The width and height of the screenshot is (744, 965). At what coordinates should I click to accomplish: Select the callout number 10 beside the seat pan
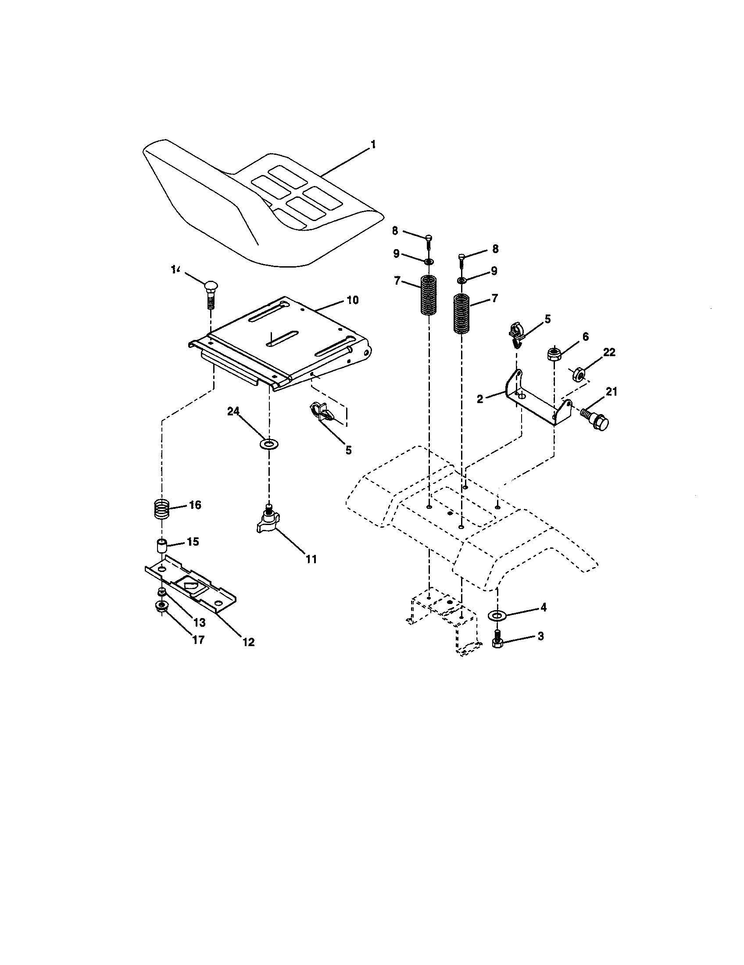pos(352,300)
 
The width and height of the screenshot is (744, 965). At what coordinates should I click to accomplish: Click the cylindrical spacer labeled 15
pos(162,546)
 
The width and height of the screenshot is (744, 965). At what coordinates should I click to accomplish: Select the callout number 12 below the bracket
pos(249,642)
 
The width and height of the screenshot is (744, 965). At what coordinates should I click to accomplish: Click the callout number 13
pos(199,622)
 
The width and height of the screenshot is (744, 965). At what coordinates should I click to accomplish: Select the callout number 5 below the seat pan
pos(349,450)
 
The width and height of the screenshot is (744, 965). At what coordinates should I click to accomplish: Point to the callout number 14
pos(176,269)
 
